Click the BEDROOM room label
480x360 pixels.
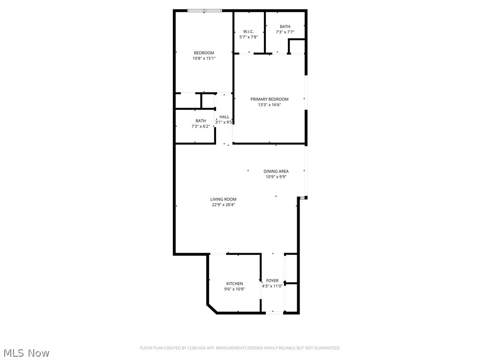click(x=204, y=52)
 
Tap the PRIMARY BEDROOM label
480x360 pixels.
click(x=269, y=99)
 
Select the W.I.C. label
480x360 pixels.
click(x=248, y=31)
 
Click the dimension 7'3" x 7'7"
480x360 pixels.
click(x=285, y=32)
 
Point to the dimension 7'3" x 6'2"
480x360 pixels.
click(x=200, y=127)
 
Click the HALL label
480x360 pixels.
click(x=225, y=117)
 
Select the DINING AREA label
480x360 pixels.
click(x=276, y=171)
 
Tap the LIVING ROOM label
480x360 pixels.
click(x=223, y=199)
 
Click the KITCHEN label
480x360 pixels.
click(x=234, y=284)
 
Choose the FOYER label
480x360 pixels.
click(x=272, y=281)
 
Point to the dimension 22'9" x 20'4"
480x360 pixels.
click(x=224, y=205)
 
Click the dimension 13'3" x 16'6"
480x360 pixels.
click(x=269, y=105)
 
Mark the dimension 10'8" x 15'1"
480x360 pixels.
click(x=204, y=59)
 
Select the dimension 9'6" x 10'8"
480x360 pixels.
click(x=234, y=289)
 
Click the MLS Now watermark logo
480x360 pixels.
click(x=26, y=352)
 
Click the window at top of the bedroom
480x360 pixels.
click(x=204, y=10)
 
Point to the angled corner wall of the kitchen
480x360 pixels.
click(x=212, y=308)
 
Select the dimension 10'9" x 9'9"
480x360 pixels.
click(x=276, y=177)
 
